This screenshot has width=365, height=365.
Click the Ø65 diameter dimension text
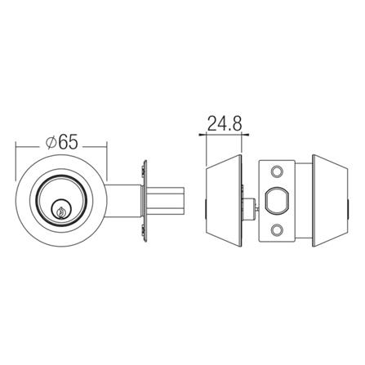click(62, 140)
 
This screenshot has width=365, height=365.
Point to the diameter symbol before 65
click(51, 141)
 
